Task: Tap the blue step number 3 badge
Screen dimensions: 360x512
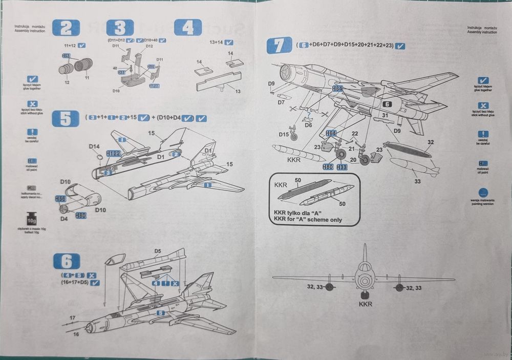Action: (120, 28)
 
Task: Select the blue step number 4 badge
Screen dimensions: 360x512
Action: (188, 28)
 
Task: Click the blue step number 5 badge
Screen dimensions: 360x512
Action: (66, 118)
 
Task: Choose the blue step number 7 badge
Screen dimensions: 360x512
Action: (280, 46)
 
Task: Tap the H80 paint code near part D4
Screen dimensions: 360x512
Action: (80, 216)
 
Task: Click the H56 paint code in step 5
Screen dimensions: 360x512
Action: (60, 198)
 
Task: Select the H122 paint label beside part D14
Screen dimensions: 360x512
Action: (113, 153)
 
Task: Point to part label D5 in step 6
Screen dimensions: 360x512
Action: (158, 251)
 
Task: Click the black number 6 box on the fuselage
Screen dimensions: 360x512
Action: (387, 104)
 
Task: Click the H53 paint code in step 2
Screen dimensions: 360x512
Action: (67, 56)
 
